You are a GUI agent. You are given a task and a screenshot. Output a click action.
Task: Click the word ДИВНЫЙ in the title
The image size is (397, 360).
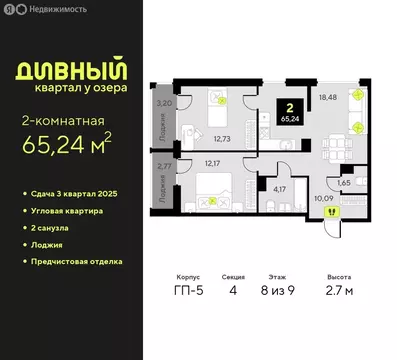pos(65,70)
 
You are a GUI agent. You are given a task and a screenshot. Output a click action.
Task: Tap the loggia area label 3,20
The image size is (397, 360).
pos(164,103)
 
